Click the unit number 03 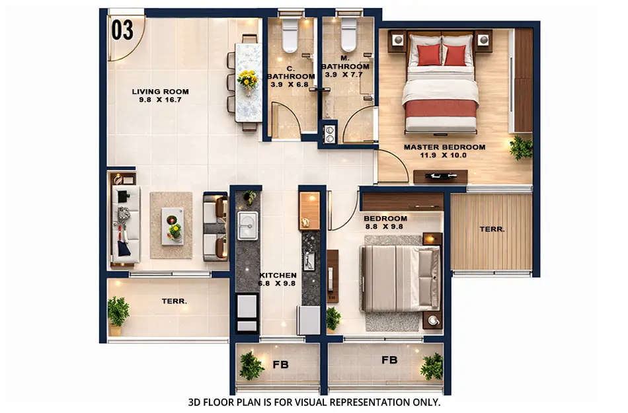(123, 30)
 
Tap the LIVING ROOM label (160, 92)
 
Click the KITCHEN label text (278, 275)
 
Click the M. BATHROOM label (345, 66)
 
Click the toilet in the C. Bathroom (291, 36)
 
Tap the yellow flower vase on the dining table (248, 80)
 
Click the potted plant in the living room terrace (118, 311)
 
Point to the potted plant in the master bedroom (521, 147)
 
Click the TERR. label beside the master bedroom (492, 229)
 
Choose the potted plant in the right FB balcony (432, 366)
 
